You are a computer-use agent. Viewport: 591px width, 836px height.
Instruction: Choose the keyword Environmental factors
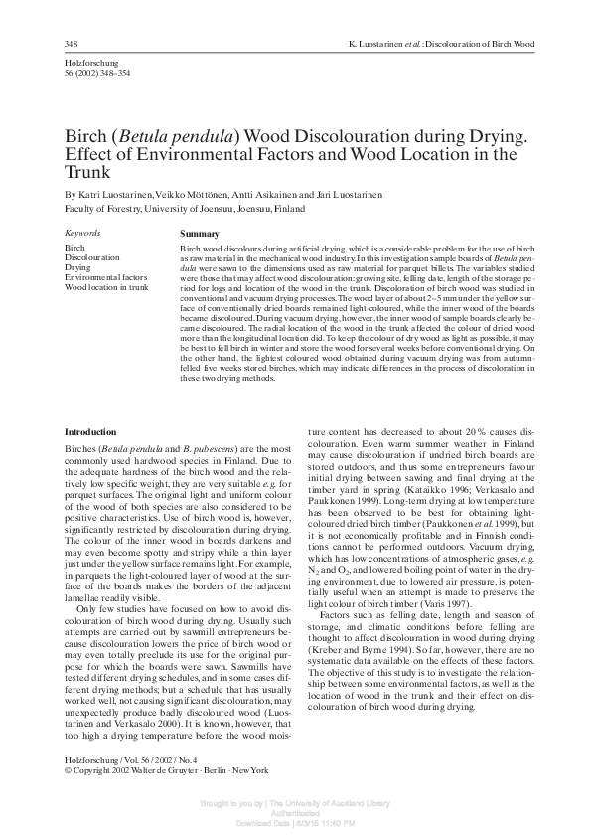point(105,277)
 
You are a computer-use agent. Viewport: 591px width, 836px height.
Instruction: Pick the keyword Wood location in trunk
point(106,287)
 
